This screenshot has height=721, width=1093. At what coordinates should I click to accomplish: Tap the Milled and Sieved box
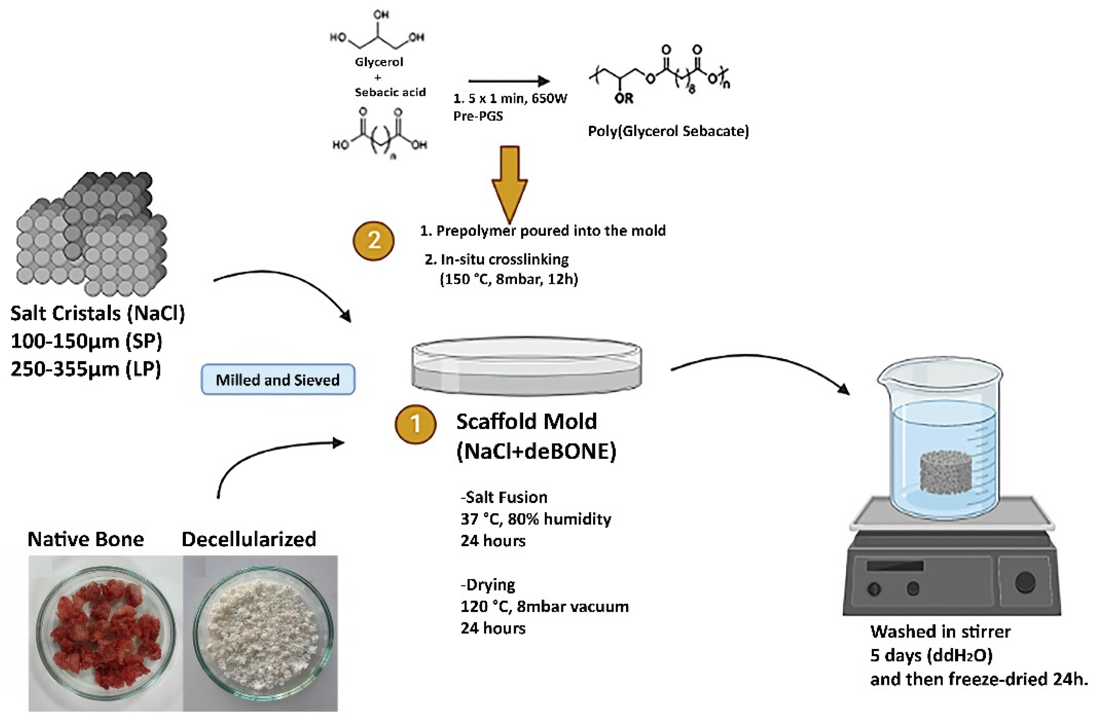278,380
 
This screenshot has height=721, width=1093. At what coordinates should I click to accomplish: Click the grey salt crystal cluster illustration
92,234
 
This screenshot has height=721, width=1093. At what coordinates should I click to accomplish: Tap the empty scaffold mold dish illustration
526,366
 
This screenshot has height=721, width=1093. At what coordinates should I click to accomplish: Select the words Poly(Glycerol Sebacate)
668,132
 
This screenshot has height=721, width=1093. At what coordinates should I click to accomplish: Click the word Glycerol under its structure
379,62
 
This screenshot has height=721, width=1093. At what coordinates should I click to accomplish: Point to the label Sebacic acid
390,92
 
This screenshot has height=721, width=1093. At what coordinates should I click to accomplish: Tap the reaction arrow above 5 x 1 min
508,81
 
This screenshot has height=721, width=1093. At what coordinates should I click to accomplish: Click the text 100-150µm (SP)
86,341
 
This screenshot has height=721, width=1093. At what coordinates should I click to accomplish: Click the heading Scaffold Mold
526,422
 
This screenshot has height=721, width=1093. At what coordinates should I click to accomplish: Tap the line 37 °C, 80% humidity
535,519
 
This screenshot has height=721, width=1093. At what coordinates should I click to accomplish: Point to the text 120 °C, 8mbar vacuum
544,606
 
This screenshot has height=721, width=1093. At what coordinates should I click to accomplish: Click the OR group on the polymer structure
623,98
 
